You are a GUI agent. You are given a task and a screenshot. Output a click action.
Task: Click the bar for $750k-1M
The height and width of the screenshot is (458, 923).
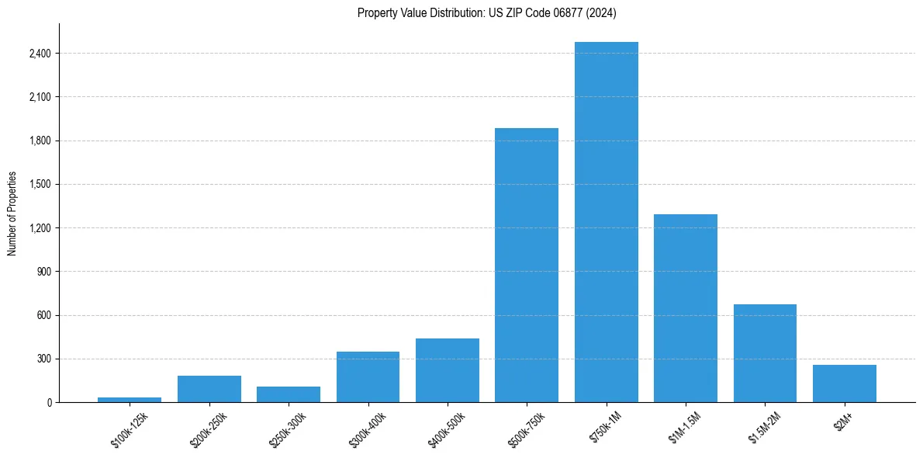coord(607,222)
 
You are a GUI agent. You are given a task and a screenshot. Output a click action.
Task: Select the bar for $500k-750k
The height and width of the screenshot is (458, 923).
coord(527,265)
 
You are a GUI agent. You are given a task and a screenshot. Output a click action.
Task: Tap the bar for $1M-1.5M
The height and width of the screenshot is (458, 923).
coord(686,308)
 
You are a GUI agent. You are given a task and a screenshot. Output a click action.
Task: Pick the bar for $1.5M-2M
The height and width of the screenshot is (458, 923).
coord(765,353)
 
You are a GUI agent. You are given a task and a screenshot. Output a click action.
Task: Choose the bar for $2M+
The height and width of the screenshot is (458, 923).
coord(845,383)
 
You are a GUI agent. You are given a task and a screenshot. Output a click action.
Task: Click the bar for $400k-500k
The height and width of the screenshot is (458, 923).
coord(448,370)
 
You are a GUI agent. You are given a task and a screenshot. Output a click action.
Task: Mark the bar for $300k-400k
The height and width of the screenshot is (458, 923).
coord(368,377)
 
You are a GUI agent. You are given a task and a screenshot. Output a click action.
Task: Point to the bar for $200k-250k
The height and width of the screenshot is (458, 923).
coord(209,389)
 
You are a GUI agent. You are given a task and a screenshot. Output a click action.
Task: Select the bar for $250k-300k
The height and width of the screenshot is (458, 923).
coord(289,394)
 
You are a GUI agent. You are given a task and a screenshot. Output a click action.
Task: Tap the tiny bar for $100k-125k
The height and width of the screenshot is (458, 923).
coord(130,400)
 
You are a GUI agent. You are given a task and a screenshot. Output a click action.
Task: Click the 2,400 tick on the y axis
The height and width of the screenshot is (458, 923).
coord(40,54)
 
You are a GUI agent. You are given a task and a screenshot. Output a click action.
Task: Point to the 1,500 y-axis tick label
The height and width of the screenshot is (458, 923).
coord(40,185)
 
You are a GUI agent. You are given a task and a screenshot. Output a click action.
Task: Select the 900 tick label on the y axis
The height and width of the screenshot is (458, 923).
coord(43,272)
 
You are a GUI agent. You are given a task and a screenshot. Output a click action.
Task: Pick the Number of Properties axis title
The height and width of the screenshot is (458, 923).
coord(12,213)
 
